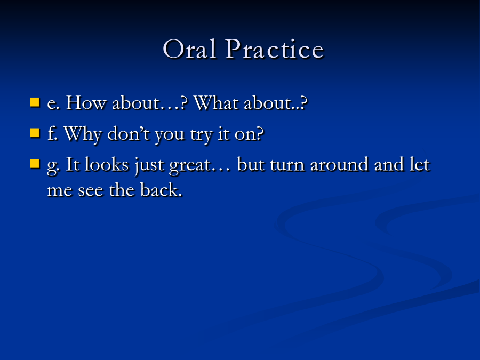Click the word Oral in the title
tap(190, 49)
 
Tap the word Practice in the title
tap(275, 49)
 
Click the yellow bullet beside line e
tap(35, 102)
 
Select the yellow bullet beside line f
tap(35, 133)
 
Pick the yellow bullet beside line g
tap(35, 164)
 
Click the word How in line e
tap(86, 102)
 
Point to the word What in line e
tap(216, 102)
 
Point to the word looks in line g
tap(107, 164)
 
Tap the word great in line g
tap(190, 166)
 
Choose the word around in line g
tap(339, 164)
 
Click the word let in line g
tap(420, 164)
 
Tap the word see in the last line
tap(91, 191)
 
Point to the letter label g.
tap(53, 167)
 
